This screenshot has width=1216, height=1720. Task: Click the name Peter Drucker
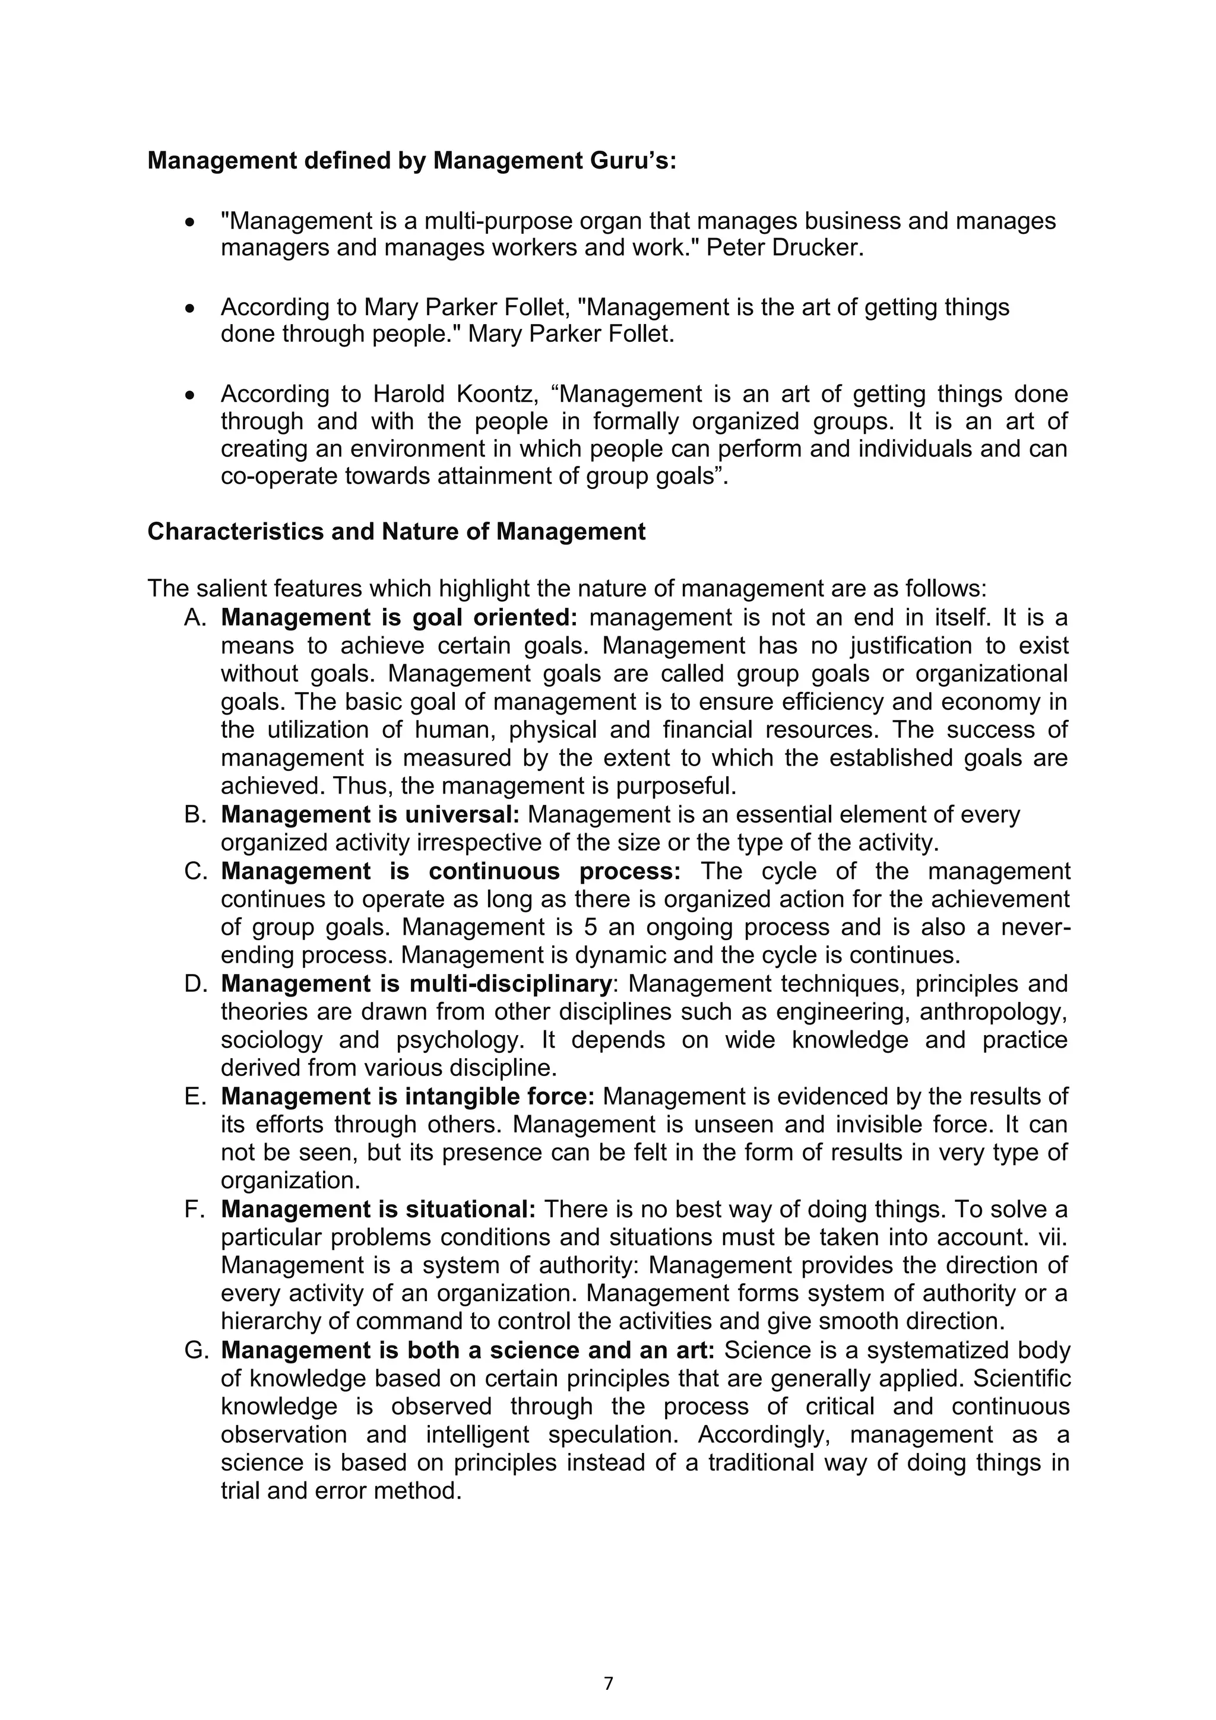[784, 248]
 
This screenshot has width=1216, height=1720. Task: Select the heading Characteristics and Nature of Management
[397, 532]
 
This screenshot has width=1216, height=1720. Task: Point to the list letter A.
[194, 618]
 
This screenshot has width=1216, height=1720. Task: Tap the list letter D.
[194, 983]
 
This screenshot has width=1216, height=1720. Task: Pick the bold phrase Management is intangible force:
[407, 1097]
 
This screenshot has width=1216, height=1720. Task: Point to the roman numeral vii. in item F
[1053, 1237]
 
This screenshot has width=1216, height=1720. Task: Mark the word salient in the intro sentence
[232, 589]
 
